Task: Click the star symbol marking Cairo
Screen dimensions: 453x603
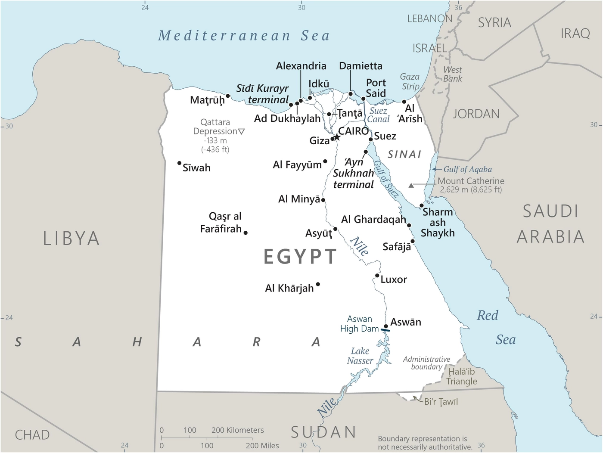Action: point(337,137)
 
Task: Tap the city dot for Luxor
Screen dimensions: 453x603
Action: point(377,276)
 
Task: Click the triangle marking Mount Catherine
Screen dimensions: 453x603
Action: point(411,185)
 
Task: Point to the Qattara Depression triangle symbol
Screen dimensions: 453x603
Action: point(242,131)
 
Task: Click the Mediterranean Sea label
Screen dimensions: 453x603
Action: point(244,36)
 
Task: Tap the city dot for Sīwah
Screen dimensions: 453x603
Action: point(180,163)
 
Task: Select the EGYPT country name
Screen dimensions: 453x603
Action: point(300,257)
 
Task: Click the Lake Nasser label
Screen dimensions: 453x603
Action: point(360,356)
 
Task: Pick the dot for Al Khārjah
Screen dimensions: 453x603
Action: point(318,284)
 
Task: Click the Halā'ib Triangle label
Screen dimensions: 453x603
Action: point(461,376)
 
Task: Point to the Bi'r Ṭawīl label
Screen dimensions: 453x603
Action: point(441,402)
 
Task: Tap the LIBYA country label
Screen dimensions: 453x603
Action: point(71,239)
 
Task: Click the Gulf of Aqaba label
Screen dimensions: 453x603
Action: point(467,169)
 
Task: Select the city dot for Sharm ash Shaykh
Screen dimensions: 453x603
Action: point(421,205)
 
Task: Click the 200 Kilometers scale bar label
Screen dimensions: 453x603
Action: point(237,430)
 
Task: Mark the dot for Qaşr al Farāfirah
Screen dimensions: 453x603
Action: point(246,233)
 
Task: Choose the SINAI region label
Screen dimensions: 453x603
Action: point(404,154)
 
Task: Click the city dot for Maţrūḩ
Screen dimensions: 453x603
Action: point(228,96)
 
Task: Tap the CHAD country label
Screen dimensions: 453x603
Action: point(32,435)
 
